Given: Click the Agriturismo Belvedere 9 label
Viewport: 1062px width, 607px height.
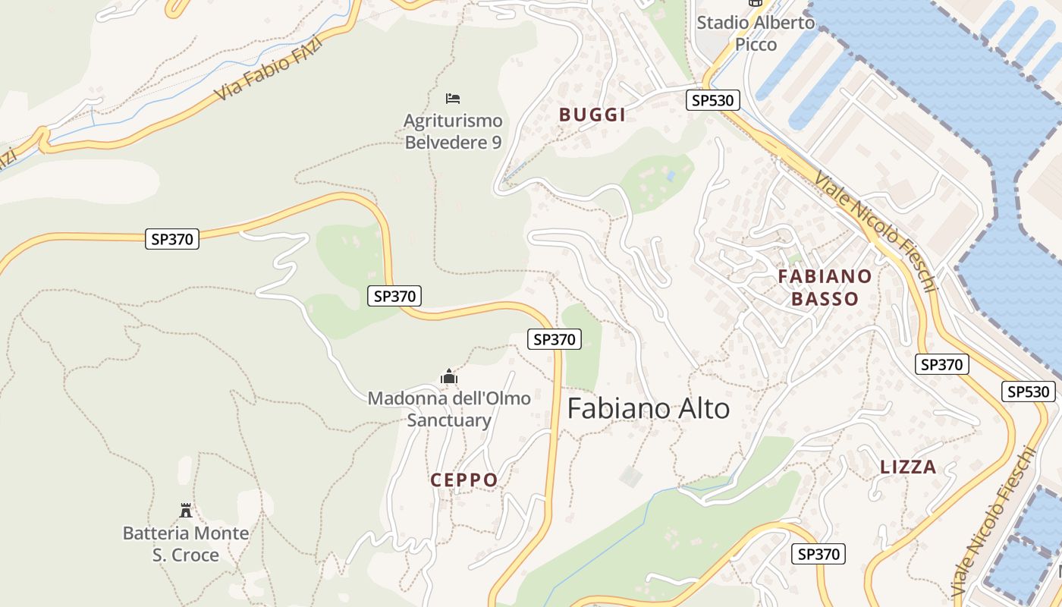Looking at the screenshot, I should [453, 131].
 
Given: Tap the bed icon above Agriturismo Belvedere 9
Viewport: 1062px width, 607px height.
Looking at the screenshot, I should [453, 99].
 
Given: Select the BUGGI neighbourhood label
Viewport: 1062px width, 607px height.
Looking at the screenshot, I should [592, 115].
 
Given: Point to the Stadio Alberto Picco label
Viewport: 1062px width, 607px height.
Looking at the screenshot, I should [756, 33].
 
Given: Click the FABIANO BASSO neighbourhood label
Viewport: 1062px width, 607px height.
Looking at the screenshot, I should [825, 287].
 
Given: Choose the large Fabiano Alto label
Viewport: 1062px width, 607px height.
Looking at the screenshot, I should [649, 409].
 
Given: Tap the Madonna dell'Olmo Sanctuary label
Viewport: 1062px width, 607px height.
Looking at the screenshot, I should [449, 409].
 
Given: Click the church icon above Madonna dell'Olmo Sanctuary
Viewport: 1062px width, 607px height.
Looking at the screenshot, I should [449, 376].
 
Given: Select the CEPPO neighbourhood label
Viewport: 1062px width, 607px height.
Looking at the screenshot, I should [464, 480].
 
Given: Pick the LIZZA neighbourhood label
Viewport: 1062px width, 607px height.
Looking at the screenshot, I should [908, 467].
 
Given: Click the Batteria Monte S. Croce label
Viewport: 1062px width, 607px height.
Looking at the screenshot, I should [186, 544].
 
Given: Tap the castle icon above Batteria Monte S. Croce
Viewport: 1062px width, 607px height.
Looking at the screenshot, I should [186, 510].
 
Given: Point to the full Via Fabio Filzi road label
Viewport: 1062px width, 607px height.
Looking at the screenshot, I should [269, 69].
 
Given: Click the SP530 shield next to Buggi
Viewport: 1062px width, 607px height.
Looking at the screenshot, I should [712, 100].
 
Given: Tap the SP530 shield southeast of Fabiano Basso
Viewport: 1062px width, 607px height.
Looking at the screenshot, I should [1029, 392].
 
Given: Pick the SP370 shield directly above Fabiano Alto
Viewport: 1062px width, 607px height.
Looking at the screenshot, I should [555, 339].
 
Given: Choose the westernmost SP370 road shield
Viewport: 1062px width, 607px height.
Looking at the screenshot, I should [172, 239].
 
